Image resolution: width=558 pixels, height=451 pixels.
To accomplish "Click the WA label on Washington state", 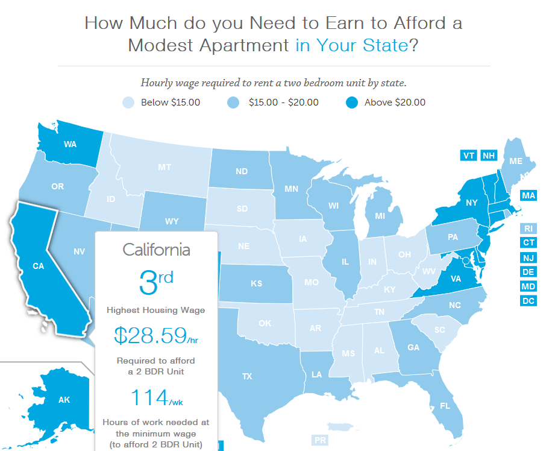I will pos(69,145).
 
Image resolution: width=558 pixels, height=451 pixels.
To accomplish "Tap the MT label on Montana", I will pos(165,167).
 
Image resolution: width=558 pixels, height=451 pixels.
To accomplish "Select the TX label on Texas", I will pos(247,376).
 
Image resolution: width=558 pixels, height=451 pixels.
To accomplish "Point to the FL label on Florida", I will pos(445,406).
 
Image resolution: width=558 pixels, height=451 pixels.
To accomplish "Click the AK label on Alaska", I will pos(64,400).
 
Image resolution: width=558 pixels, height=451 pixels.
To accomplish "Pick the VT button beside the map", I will pos(468,156).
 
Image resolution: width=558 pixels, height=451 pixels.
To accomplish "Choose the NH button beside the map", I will pos(488,156).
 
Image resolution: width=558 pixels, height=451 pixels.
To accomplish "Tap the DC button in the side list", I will pos(528,300).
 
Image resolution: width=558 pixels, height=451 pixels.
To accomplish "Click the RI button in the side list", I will pos(528,229).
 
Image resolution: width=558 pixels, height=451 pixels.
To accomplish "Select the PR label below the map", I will pos(320,441).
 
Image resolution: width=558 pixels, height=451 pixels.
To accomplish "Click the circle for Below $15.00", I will pos(128,102).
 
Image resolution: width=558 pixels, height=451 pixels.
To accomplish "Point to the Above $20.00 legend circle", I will pos(351,102).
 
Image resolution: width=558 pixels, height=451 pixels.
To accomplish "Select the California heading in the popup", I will pos(156,249).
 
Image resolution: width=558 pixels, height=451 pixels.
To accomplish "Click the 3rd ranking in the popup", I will pos(156,282).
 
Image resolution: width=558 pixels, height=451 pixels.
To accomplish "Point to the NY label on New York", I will pos(471,203).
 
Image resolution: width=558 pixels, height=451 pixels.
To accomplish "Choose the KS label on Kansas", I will pos(257,283).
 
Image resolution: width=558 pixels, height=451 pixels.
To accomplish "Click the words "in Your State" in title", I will pos(352,46).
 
